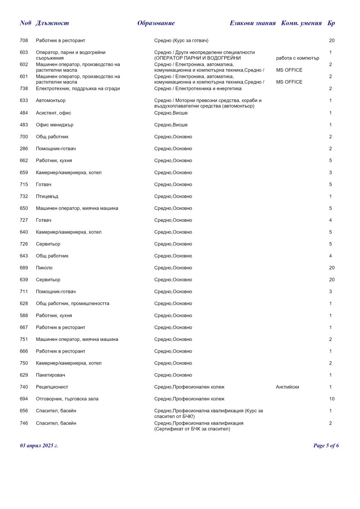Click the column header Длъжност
(52, 23)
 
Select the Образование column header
(156, 23)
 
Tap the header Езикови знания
(252, 23)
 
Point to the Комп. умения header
(301, 23)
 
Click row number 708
(24, 41)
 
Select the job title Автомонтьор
(50, 101)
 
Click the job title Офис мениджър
(55, 125)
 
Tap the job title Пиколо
(44, 268)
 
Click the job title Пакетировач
(50, 375)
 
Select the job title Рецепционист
(52, 387)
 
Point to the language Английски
(287, 387)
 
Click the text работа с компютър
(298, 58)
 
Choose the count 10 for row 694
(331, 399)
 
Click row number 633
(24, 101)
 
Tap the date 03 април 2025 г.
(39, 446)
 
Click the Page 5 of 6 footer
(326, 446)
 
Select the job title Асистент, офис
(54, 113)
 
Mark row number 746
(24, 423)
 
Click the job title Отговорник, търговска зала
(67, 399)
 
